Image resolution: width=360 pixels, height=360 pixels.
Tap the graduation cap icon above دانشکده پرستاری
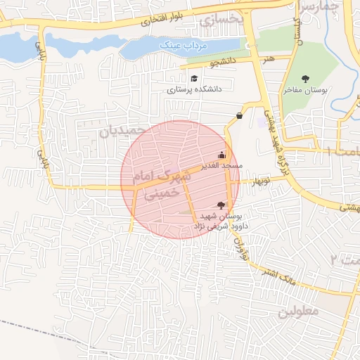click(194, 78)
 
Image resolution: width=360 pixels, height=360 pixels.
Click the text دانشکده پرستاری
click(194, 90)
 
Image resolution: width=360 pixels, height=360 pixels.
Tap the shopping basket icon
click(240, 115)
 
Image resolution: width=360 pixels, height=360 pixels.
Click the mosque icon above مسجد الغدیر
click(222, 155)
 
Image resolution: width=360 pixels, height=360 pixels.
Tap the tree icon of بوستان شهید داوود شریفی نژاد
click(222, 205)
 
